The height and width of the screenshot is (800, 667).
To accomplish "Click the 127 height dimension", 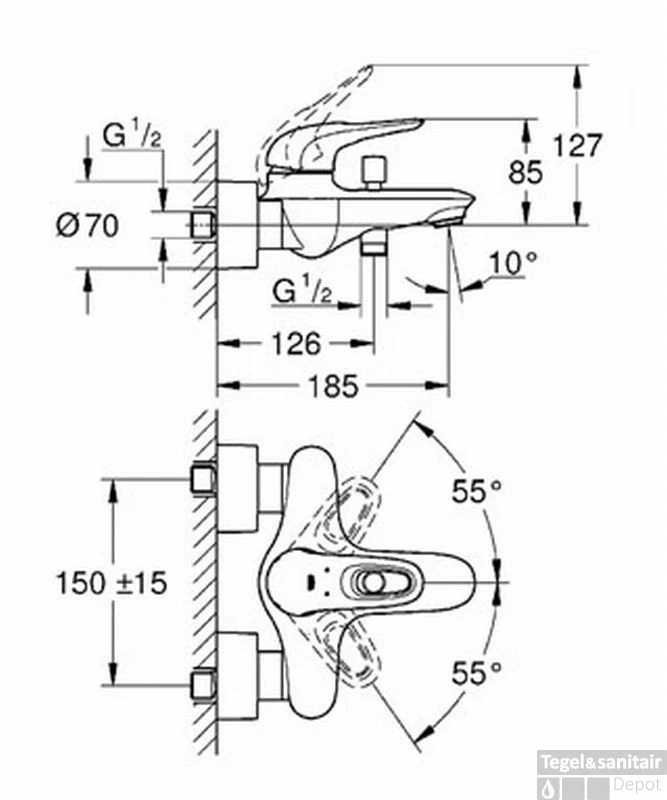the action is pyautogui.click(x=578, y=146).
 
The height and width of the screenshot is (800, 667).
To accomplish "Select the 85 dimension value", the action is pyautogui.click(x=525, y=172).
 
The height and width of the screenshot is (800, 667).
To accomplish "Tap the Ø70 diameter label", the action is pyautogui.click(x=87, y=226).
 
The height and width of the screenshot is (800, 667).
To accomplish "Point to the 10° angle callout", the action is pyautogui.click(x=513, y=263).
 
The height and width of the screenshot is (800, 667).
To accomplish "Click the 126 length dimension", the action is pyautogui.click(x=297, y=344).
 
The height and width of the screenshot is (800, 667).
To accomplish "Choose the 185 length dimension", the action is pyautogui.click(x=334, y=386).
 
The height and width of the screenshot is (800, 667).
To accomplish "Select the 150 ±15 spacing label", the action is pyautogui.click(x=112, y=583).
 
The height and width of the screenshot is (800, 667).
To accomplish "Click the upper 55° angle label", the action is pyautogui.click(x=477, y=491).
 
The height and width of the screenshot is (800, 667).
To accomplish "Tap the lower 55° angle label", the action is pyautogui.click(x=477, y=672).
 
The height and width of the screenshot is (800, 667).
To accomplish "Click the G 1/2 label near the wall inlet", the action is pyautogui.click(x=132, y=136).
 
